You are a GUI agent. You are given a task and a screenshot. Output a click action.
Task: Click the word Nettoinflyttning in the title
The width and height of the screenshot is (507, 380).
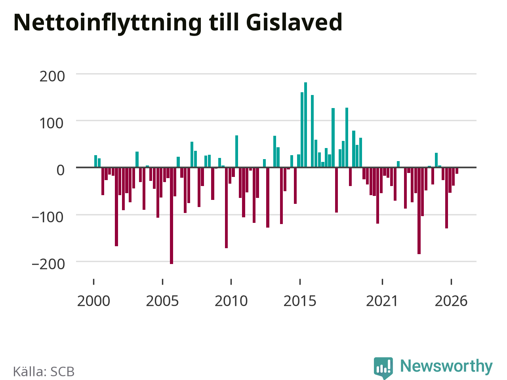pyautogui.click(x=108, y=23)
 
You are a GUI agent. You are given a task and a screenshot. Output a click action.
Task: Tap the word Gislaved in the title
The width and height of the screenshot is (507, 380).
pyautogui.click(x=294, y=23)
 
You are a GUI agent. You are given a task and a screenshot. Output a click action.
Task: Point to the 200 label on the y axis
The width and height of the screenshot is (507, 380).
pyautogui.click(x=52, y=76)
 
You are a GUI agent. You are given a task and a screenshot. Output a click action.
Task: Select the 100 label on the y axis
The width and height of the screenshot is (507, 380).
pyautogui.click(x=51, y=123)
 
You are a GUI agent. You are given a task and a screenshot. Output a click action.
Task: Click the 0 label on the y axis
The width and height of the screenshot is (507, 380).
pyautogui.click(x=61, y=170)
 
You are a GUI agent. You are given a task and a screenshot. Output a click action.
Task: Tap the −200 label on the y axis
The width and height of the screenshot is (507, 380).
pyautogui.click(x=48, y=264)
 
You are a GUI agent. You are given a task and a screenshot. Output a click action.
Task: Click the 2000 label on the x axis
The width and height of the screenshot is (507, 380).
pyautogui.click(x=93, y=301)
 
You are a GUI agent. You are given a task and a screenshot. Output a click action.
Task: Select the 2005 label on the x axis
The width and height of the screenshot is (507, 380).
pyautogui.click(x=162, y=301)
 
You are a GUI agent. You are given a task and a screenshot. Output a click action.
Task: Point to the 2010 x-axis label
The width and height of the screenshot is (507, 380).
pyautogui.click(x=231, y=301)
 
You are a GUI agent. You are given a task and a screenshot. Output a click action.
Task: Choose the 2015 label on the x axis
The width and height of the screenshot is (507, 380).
pyautogui.click(x=300, y=301)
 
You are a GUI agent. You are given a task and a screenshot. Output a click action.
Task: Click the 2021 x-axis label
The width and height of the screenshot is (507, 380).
pyautogui.click(x=382, y=301)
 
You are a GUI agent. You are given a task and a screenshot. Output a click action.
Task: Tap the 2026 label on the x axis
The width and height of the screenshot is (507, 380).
pyautogui.click(x=451, y=301)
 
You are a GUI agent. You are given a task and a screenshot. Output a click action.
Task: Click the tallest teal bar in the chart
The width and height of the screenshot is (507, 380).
pyautogui.click(x=305, y=125)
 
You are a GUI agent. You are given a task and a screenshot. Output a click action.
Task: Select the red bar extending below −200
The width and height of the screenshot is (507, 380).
pyautogui.click(x=172, y=216)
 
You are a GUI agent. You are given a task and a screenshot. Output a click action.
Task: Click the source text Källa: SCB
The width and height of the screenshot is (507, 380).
pyautogui.click(x=44, y=371)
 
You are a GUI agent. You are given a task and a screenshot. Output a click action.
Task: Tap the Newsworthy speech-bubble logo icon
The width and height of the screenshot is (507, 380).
pyautogui.click(x=383, y=368)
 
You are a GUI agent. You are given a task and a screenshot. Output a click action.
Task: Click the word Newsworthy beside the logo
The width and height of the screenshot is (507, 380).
pyautogui.click(x=446, y=366)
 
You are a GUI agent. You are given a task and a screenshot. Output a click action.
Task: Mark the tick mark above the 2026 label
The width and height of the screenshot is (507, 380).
pyautogui.click(x=451, y=282)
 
